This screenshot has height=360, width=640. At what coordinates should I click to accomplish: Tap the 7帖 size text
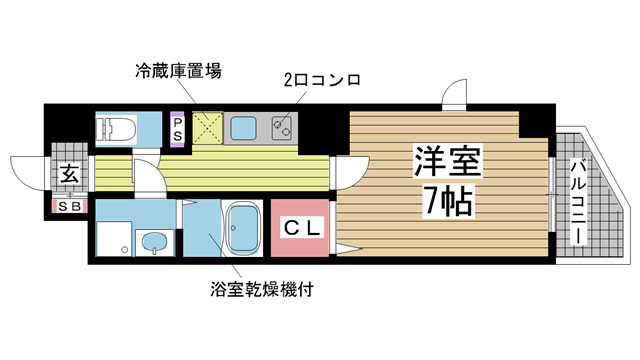pyautogui.click(x=447, y=204)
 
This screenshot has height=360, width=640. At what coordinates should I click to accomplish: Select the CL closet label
pyautogui.click(x=301, y=230)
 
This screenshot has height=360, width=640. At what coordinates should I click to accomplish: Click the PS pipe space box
pyautogui.click(x=178, y=129)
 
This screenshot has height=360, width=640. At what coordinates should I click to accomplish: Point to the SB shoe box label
pyautogui.click(x=71, y=206)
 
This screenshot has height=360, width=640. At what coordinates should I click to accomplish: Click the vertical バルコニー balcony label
pyautogui.click(x=577, y=203)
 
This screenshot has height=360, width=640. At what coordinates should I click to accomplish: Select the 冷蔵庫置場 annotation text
pyautogui.click(x=179, y=71)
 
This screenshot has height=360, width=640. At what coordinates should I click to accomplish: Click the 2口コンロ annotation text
pyautogui.click(x=318, y=78)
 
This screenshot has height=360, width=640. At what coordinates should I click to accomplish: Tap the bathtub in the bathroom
pyautogui.click(x=242, y=229)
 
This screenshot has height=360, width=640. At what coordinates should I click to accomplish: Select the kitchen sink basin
pyautogui.click(x=244, y=128)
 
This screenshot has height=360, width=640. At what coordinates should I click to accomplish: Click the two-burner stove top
pyautogui.click(x=283, y=128)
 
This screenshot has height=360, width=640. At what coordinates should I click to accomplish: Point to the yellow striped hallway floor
pyautogui.click(x=240, y=170)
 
